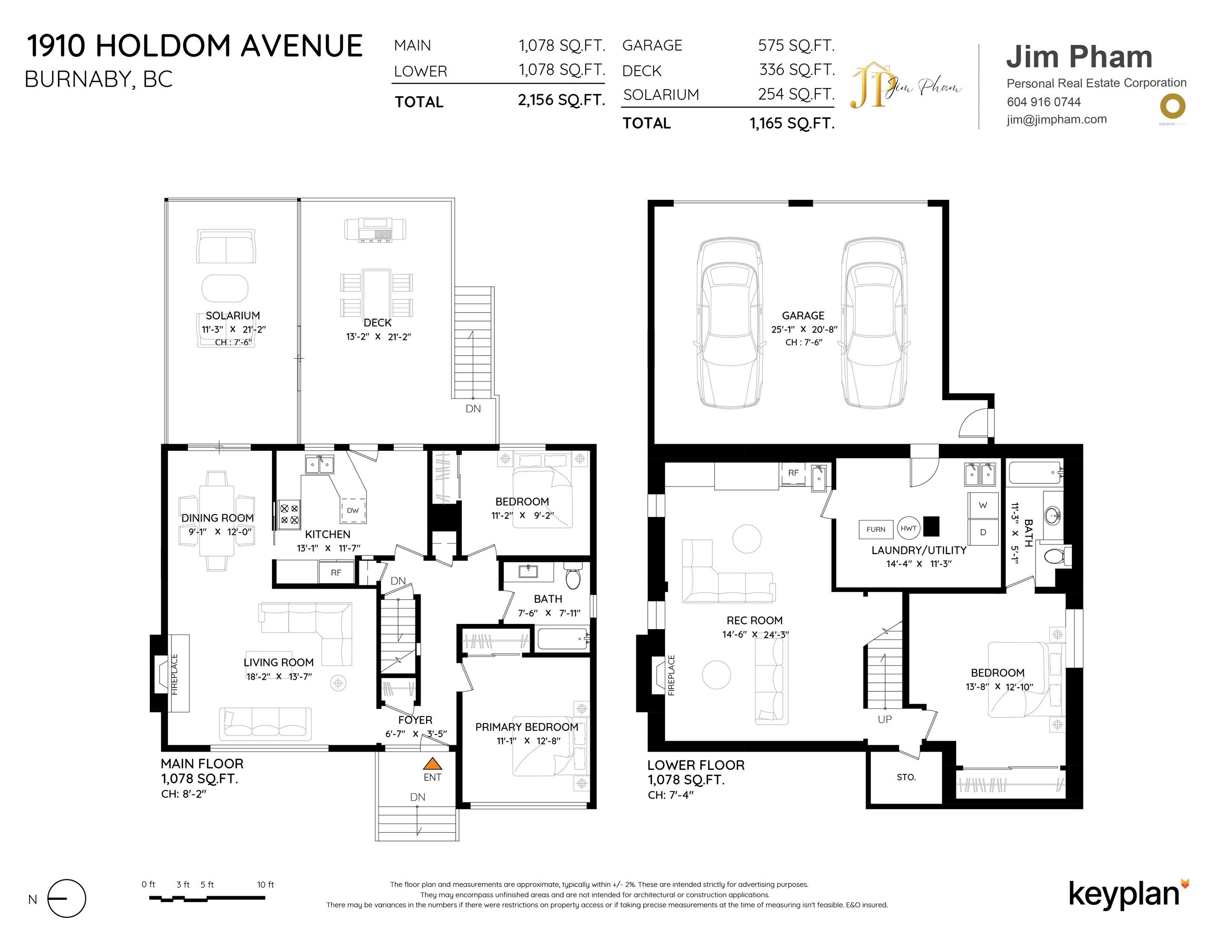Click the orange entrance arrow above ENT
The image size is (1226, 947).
click(x=432, y=764)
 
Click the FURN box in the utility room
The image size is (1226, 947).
click(x=876, y=529)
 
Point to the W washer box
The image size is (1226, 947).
click(x=983, y=505)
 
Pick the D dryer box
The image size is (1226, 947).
click(x=983, y=532)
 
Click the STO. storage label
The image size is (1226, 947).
click(x=906, y=777)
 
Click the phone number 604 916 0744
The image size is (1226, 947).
click(x=1043, y=102)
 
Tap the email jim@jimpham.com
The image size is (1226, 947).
click(x=1057, y=120)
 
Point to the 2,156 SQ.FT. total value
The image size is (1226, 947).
click(x=561, y=100)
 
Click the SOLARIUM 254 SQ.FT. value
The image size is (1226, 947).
click(x=796, y=94)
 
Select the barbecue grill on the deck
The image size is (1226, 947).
click(x=375, y=230)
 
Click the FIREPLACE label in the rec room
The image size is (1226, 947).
click(x=671, y=675)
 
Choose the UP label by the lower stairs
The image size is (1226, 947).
click(x=885, y=719)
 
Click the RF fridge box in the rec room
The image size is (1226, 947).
click(x=793, y=473)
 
